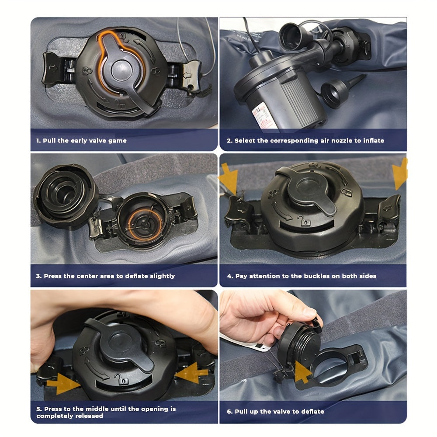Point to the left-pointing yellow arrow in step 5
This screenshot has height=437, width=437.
point(191,373)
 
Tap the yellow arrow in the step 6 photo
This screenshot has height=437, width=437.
point(302,372)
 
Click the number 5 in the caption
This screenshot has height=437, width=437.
point(38,409)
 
